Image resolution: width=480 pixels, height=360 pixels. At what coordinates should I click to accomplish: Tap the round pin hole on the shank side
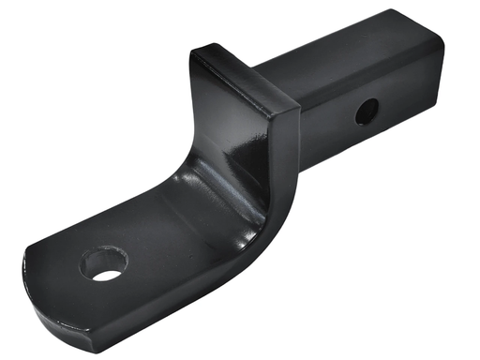367,112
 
